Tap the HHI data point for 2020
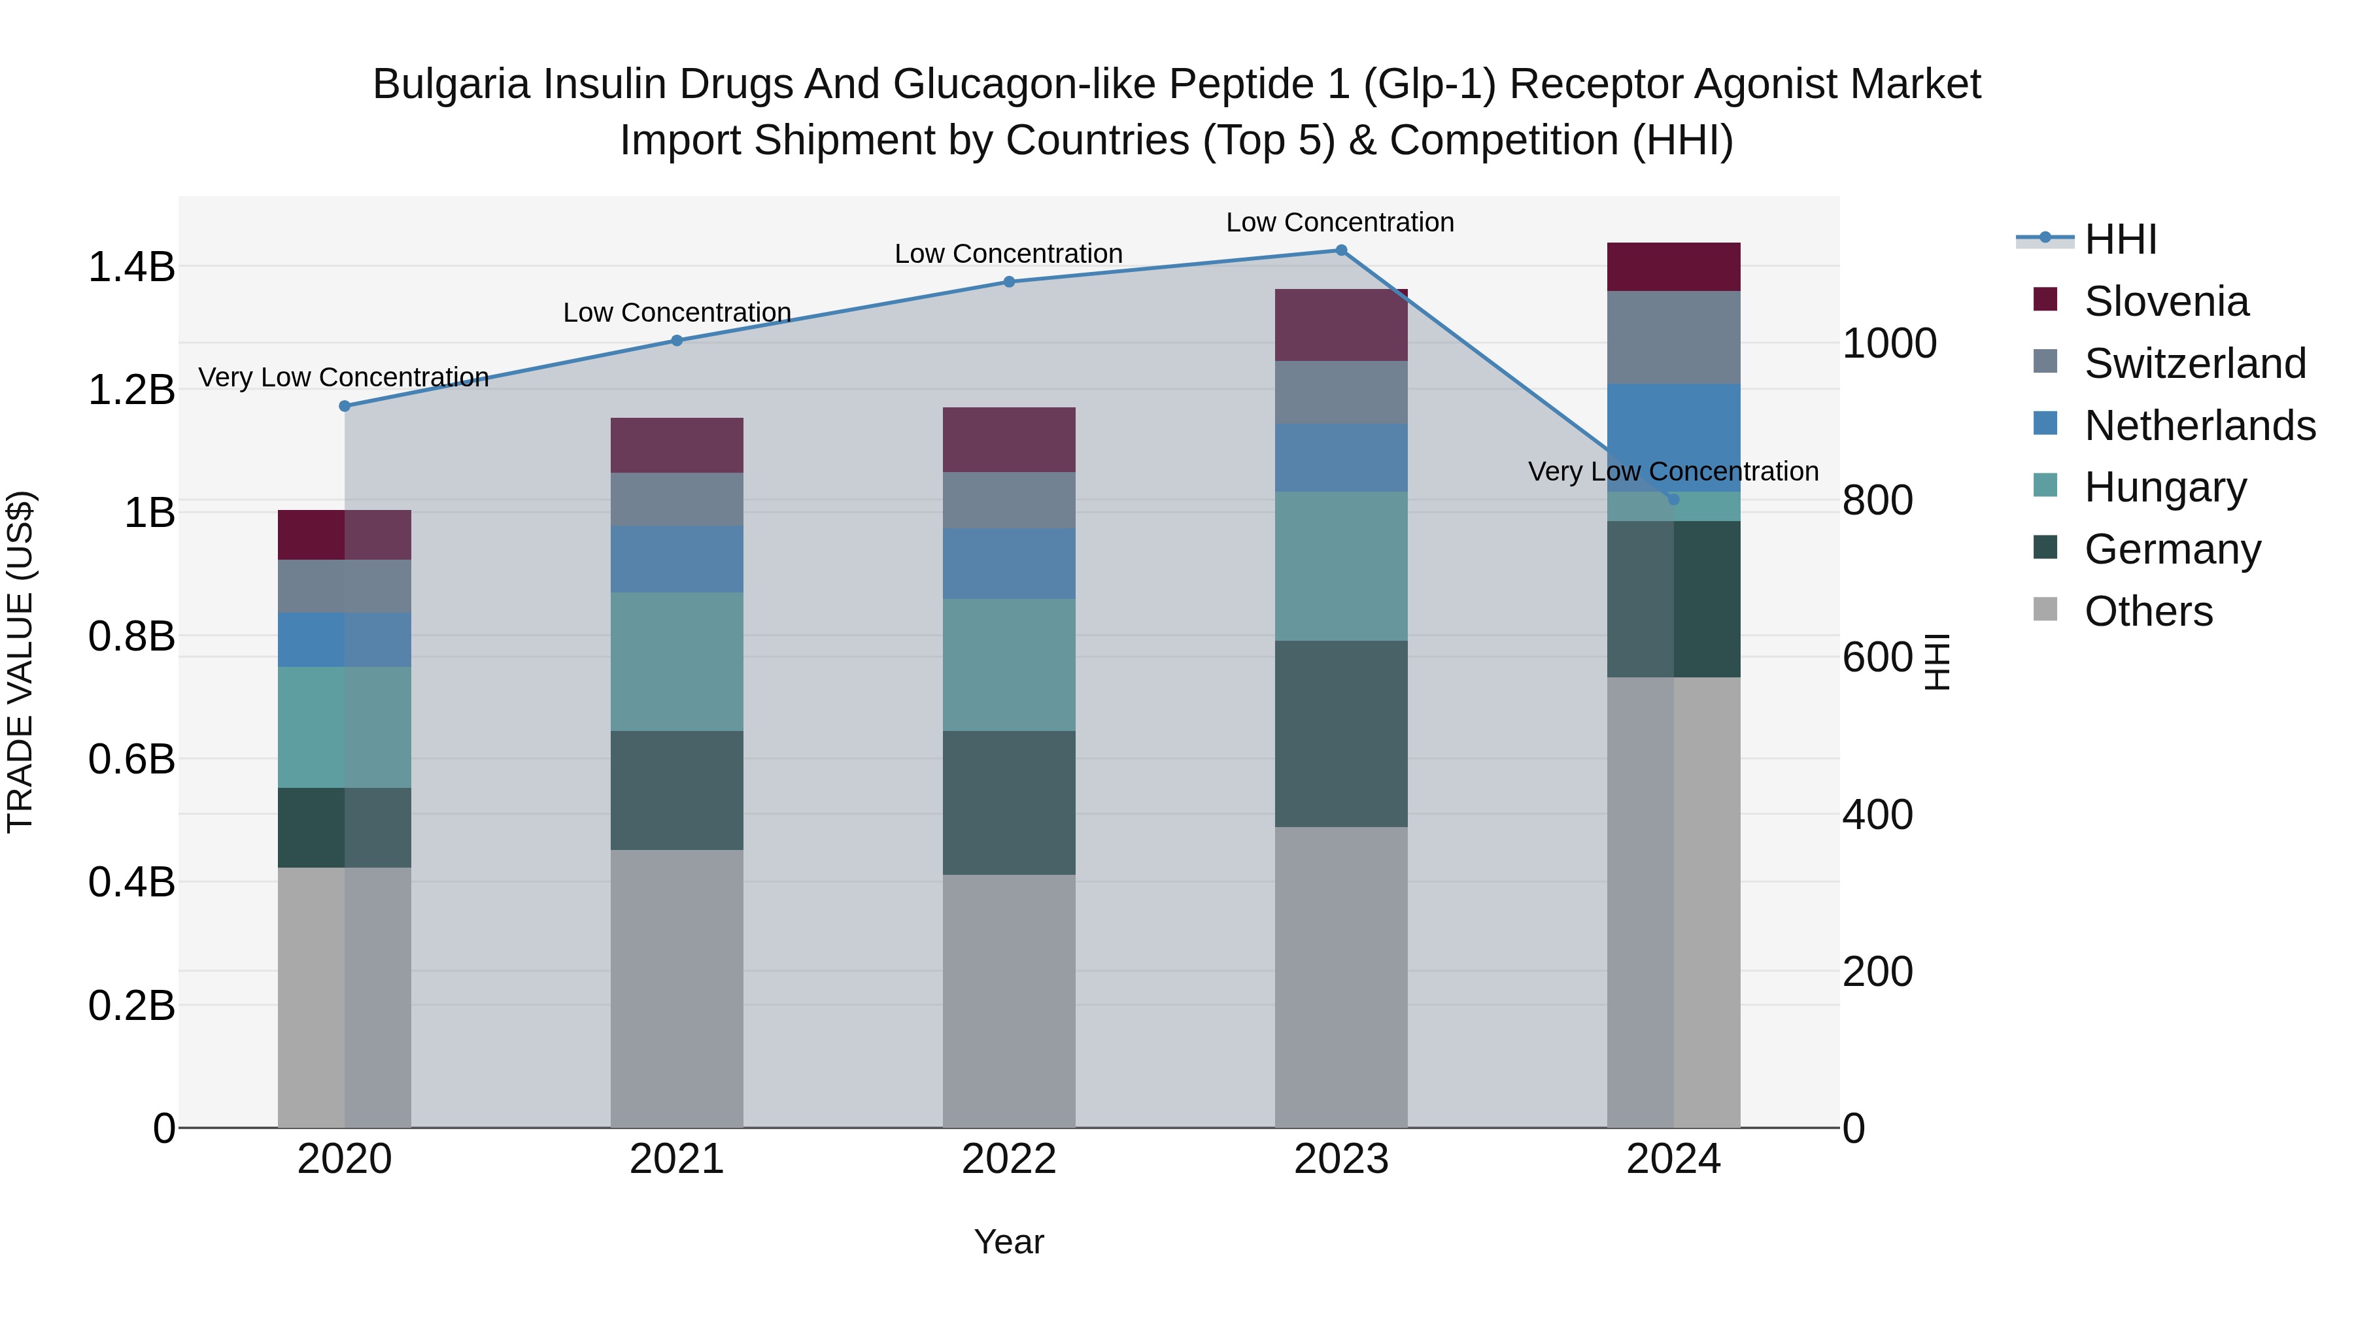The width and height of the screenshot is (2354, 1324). tap(345, 405)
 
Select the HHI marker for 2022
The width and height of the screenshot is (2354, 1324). tap(1009, 281)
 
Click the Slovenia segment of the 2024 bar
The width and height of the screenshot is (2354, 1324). tap(1673, 267)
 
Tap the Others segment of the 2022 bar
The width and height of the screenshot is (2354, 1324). tap(1009, 1000)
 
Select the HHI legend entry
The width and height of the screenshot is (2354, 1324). tap(2120, 239)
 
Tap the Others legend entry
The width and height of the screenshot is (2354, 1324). tap(2147, 611)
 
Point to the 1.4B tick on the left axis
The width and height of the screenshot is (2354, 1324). tap(131, 267)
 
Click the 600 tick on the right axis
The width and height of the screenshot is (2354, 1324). tap(1877, 657)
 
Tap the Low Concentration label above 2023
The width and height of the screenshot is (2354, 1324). tap(1340, 222)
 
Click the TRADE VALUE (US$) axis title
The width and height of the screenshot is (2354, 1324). tap(20, 662)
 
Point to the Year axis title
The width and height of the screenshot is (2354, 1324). tap(1009, 1242)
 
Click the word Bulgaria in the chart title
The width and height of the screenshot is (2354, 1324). tap(451, 84)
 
